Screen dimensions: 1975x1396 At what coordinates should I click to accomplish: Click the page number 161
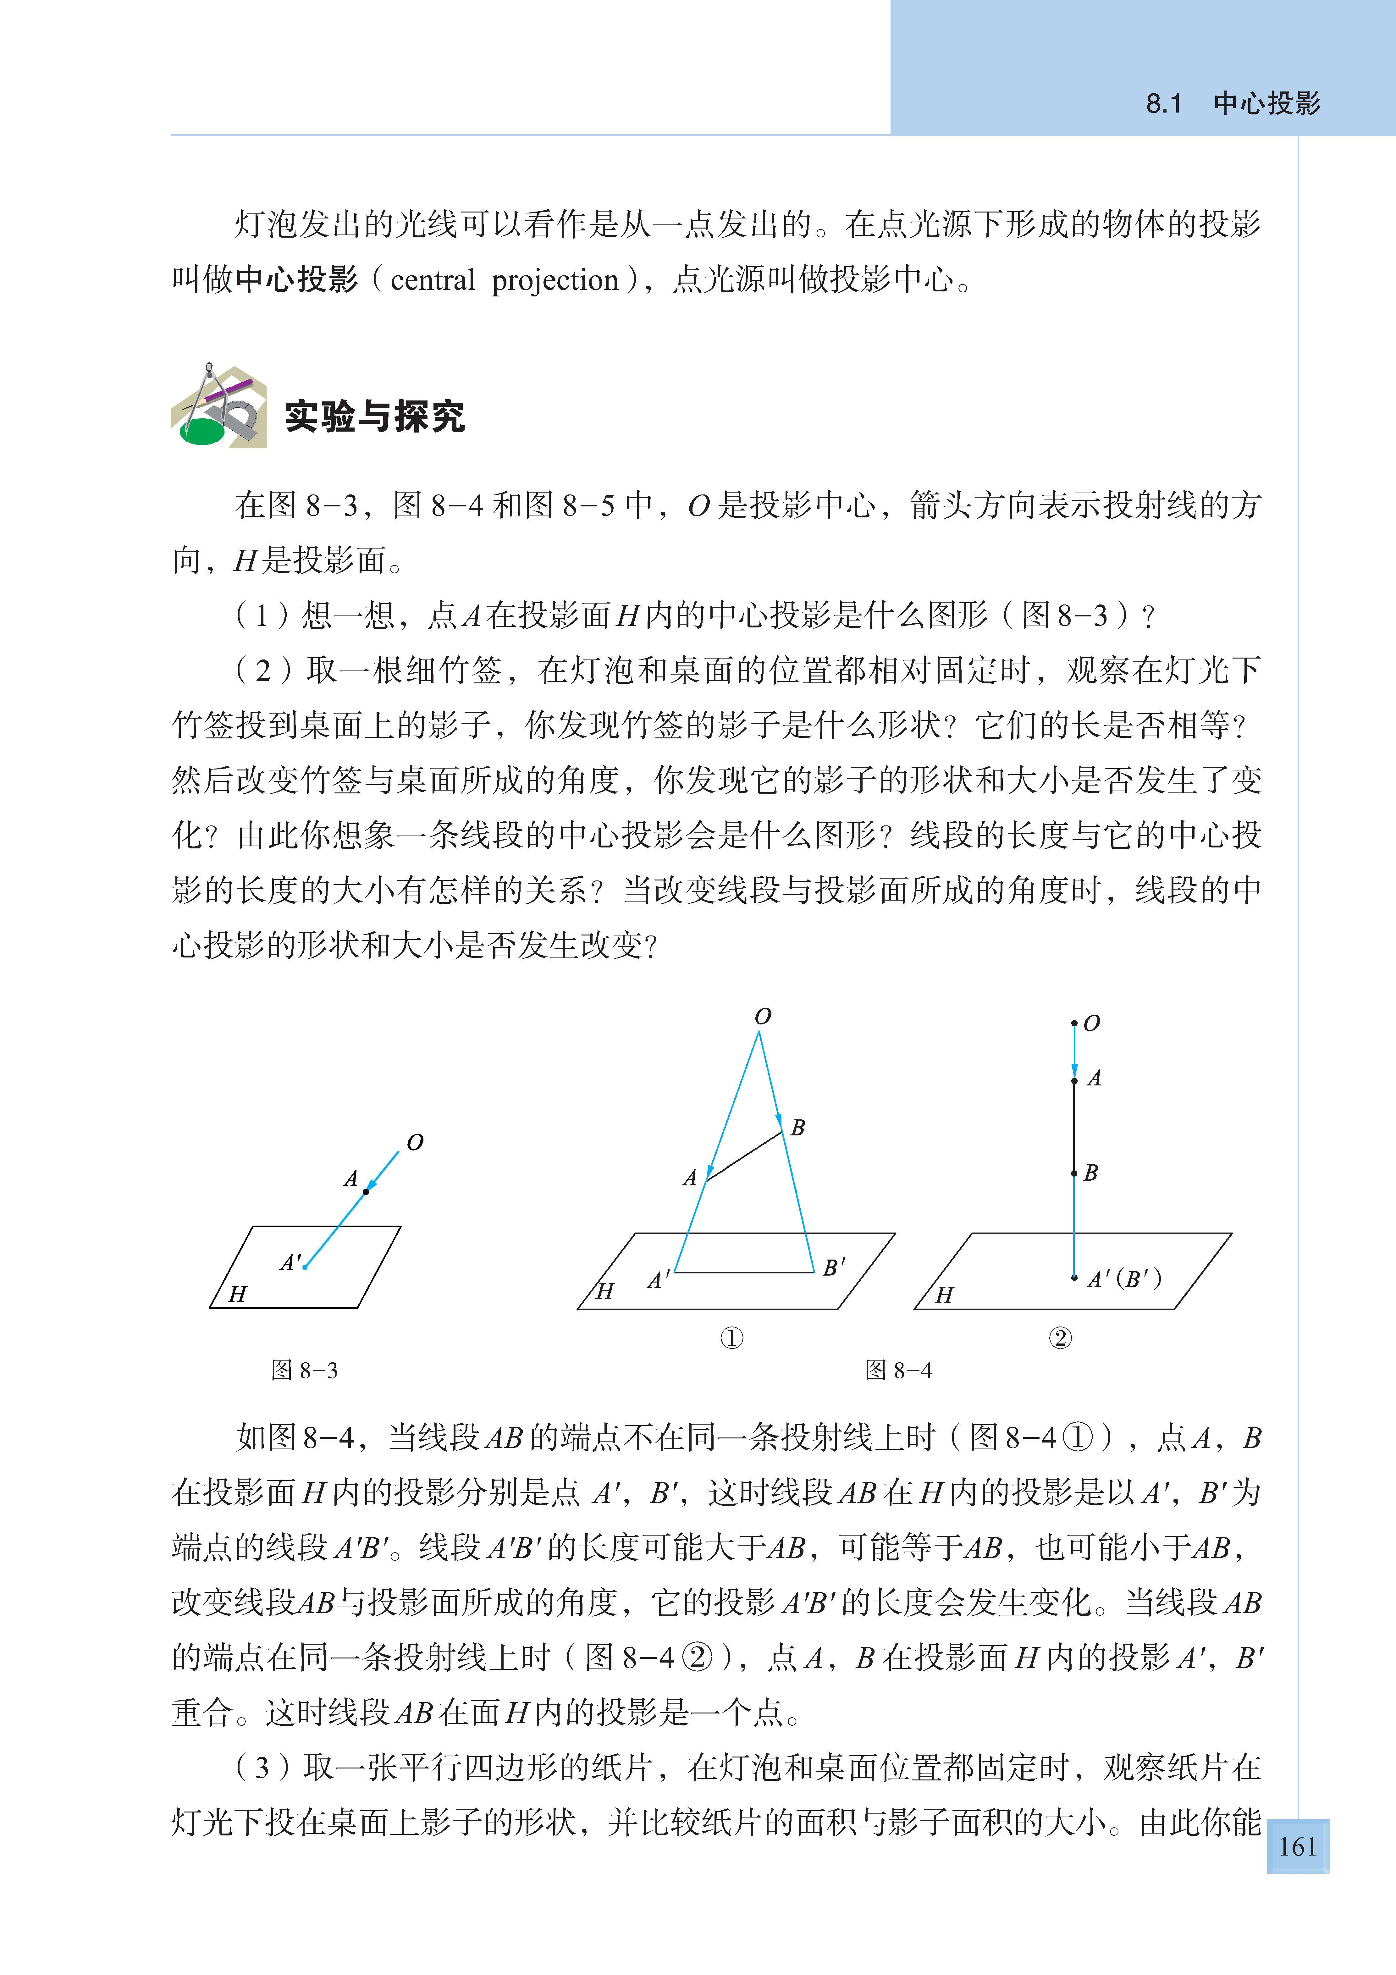[x=1297, y=1847]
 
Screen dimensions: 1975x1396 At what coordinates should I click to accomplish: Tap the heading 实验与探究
[x=375, y=417]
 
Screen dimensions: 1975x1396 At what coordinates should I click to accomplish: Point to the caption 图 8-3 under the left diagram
[x=305, y=1370]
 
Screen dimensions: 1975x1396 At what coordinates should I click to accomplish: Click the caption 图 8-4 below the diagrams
[x=898, y=1370]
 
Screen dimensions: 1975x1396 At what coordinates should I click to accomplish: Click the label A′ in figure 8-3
[x=291, y=1263]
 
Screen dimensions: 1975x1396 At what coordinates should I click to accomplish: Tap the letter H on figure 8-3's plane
[x=237, y=1294]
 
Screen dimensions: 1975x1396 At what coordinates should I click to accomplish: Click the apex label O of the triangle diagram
[x=762, y=1017]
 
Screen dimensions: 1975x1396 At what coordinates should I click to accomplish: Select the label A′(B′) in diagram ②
[x=1123, y=1279]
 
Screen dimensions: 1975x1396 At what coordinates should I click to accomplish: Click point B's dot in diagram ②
[x=1074, y=1173]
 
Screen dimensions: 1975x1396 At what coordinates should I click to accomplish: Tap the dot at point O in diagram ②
[x=1074, y=1023]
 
